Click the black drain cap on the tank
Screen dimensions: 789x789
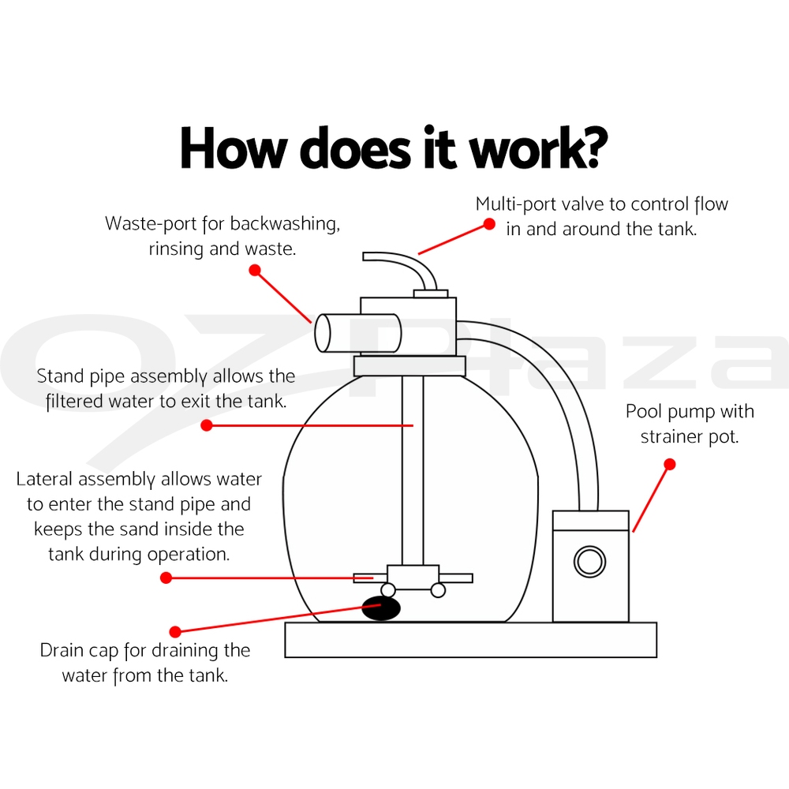tap(381, 608)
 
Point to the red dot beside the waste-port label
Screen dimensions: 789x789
tap(254, 270)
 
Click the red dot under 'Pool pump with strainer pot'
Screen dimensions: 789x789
tap(670, 465)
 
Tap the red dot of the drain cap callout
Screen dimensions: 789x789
tap(176, 631)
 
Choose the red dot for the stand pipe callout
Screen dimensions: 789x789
tap(207, 425)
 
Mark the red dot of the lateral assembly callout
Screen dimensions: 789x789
tap(166, 578)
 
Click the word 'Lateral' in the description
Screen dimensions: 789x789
tap(44, 480)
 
